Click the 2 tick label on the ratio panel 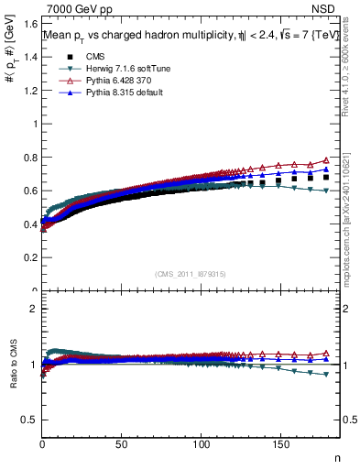(35, 309)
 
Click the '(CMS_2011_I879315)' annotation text (190, 274)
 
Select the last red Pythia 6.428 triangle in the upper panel (326, 159)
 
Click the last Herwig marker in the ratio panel (326, 374)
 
